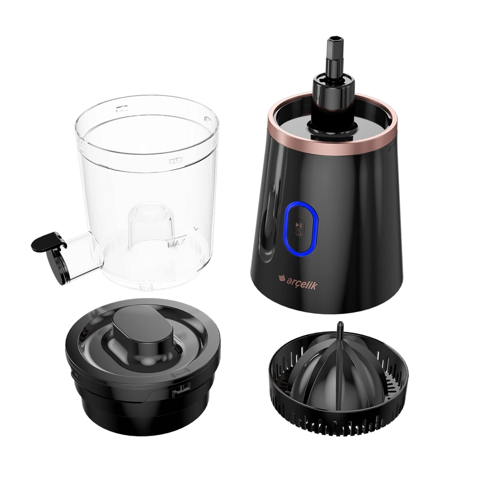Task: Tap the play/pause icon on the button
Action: coord(299,225)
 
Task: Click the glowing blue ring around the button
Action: coord(302,227)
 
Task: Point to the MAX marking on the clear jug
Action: coord(176,244)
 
